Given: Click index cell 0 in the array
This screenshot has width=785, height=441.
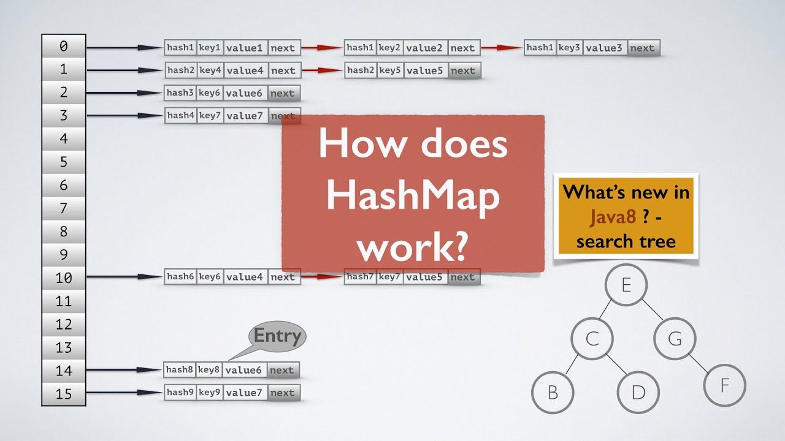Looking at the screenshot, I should (x=64, y=47).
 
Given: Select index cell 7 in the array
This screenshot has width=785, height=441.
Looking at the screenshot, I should (x=64, y=209).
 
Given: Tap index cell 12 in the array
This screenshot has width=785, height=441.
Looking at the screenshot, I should (x=64, y=325).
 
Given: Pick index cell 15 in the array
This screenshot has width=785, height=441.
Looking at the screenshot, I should (x=64, y=394).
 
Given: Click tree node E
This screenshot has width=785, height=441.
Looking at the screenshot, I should (x=626, y=285).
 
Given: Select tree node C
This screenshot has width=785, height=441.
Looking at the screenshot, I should (x=592, y=338).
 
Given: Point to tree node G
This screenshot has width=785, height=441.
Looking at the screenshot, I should (x=675, y=338).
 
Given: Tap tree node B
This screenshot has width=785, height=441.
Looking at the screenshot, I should (x=553, y=392).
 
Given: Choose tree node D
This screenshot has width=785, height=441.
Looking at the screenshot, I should (x=638, y=392).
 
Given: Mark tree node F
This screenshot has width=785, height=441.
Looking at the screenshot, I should (x=724, y=386).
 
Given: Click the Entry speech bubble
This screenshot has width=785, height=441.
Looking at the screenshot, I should (x=277, y=336).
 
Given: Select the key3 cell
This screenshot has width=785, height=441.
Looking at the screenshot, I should (x=569, y=48).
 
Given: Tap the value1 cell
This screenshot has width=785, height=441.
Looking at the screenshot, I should (x=245, y=48).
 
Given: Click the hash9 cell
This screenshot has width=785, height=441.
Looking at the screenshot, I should (x=180, y=393).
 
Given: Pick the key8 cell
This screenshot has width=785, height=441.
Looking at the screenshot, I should (x=209, y=370).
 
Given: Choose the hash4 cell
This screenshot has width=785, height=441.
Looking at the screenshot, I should (x=180, y=115).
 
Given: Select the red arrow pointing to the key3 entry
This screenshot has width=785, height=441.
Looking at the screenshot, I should (x=502, y=48).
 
